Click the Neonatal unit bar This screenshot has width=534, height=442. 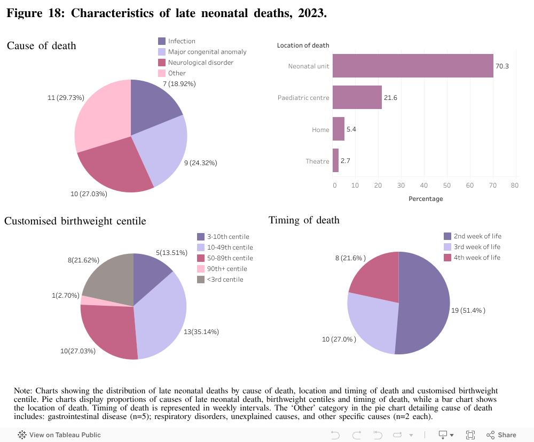pos(412,66)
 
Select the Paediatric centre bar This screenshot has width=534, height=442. pos(357,97)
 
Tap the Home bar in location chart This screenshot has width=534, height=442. pos(339,129)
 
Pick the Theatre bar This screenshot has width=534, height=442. pos(335,161)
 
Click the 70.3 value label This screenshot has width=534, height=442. pos(502,66)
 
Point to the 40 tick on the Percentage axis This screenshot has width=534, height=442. pos(424,185)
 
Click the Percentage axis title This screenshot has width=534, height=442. pos(425,199)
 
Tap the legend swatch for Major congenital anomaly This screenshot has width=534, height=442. pos(162,52)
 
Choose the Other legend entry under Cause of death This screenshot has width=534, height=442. pos(177,73)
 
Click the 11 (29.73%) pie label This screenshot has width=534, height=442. pos(66,98)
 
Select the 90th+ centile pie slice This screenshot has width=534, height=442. pos(84,300)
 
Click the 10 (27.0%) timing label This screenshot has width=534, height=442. pos(340,339)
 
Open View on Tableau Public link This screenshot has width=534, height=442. pos(60,435)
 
